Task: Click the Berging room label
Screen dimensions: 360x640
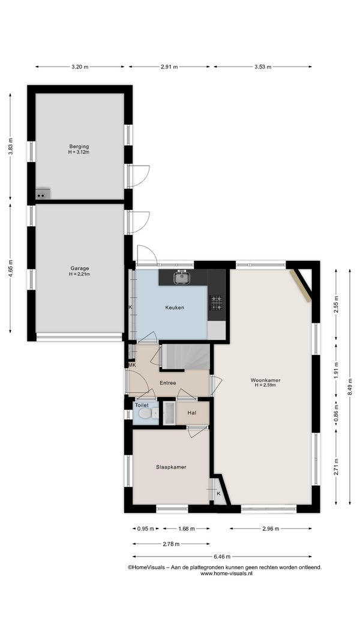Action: click(x=79, y=146)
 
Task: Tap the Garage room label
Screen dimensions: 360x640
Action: click(x=79, y=268)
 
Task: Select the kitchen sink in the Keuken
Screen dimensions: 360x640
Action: click(x=180, y=278)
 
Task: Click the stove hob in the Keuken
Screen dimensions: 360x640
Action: click(x=217, y=303)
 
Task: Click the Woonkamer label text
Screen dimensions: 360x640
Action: click(x=265, y=380)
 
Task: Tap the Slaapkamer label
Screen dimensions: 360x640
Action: click(x=171, y=467)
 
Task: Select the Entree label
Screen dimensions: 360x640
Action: click(x=168, y=383)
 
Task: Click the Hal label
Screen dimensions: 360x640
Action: click(x=192, y=413)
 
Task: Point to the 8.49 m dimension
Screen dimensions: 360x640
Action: click(x=350, y=386)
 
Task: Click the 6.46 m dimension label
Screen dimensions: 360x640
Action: click(x=222, y=557)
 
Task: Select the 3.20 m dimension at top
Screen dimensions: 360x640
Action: click(x=80, y=67)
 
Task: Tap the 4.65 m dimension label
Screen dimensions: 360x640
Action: click(x=10, y=268)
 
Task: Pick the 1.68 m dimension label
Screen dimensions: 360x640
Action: click(x=186, y=528)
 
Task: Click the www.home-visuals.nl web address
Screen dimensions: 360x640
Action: click(x=227, y=573)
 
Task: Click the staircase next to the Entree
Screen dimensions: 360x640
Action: click(x=186, y=356)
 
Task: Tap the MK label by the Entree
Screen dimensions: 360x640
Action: click(x=132, y=365)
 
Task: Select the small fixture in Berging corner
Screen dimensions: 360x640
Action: click(x=43, y=194)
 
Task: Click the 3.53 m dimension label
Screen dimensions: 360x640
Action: click(x=263, y=67)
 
